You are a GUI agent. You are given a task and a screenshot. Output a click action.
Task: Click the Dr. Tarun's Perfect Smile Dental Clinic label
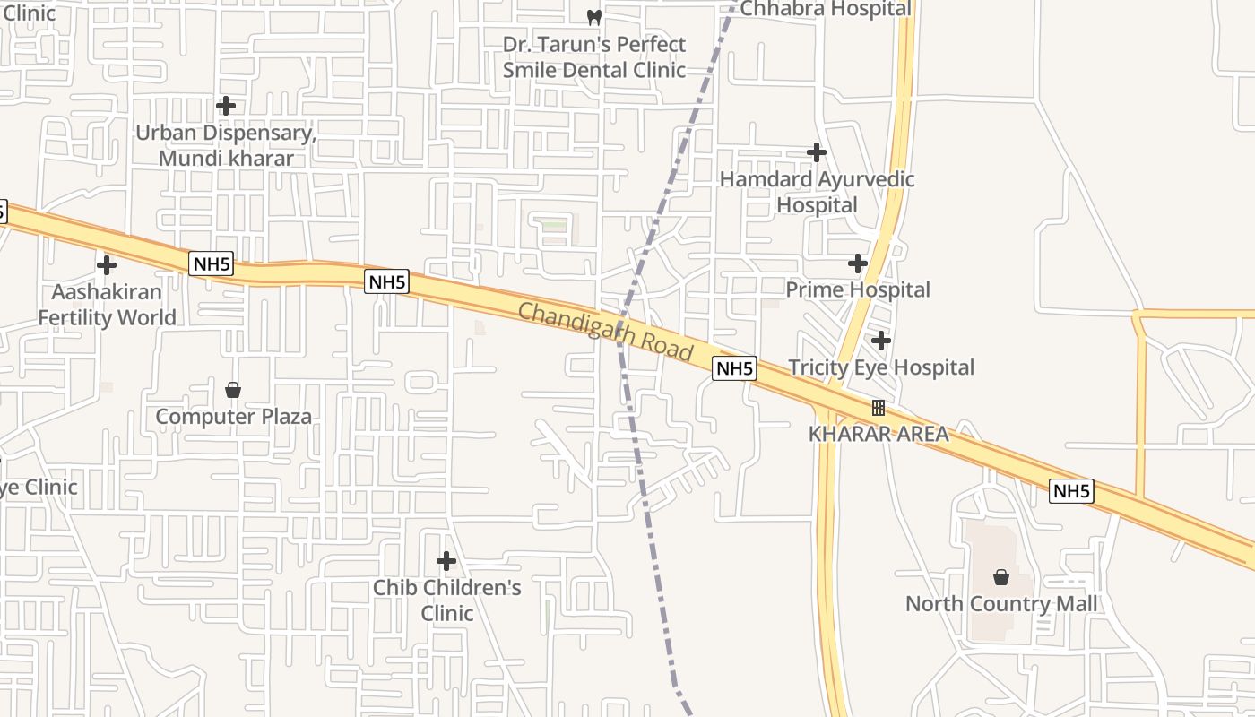pyautogui.click(x=593, y=56)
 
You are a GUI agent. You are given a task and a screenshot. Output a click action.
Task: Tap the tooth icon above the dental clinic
pyautogui.click(x=593, y=16)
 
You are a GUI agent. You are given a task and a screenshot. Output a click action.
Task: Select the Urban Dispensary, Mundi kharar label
pyautogui.click(x=226, y=145)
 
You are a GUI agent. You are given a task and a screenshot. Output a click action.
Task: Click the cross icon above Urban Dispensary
pyautogui.click(x=226, y=106)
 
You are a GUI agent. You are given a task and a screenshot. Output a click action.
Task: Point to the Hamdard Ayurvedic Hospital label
pyautogui.click(x=817, y=192)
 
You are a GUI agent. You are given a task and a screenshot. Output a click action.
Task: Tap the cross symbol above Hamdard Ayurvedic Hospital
pyautogui.click(x=816, y=152)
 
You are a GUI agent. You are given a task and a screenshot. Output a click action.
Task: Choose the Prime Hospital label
pyautogui.click(x=858, y=289)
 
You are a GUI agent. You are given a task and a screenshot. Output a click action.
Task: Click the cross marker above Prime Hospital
pyautogui.click(x=858, y=263)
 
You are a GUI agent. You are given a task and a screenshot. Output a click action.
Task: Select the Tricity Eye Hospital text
pyautogui.click(x=880, y=367)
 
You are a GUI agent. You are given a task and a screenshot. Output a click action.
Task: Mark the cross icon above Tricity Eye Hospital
pyautogui.click(x=881, y=341)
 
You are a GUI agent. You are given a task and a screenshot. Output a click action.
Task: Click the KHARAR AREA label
pyautogui.click(x=878, y=434)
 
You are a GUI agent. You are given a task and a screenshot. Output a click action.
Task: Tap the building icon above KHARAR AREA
pyautogui.click(x=878, y=408)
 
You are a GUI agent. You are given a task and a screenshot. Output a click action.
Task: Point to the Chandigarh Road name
pyautogui.click(x=606, y=332)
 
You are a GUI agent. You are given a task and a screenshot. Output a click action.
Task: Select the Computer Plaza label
pyautogui.click(x=233, y=417)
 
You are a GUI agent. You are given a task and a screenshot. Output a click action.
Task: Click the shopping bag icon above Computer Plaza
pyautogui.click(x=233, y=390)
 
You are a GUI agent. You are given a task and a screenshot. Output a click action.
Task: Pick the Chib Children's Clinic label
pyautogui.click(x=446, y=600)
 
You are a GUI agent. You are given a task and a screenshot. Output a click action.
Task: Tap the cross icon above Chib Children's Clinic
pyautogui.click(x=446, y=561)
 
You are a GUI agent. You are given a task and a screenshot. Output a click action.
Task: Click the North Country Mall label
pyautogui.click(x=1000, y=603)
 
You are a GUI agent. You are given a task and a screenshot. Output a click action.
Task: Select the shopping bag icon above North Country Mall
pyautogui.click(x=1001, y=577)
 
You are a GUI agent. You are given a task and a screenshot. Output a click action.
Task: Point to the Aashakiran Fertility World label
pyautogui.click(x=107, y=305)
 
